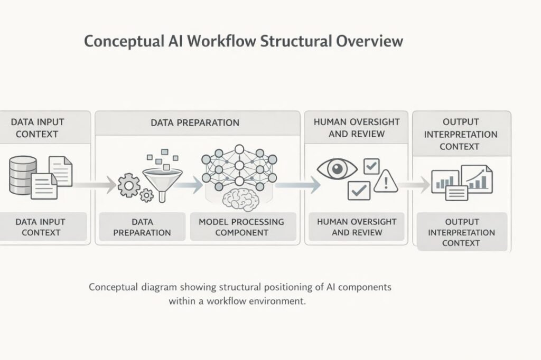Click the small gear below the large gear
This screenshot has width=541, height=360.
coord(147,195)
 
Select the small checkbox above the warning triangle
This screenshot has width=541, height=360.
coord(372,167)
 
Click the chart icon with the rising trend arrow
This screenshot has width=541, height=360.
coord(477,178)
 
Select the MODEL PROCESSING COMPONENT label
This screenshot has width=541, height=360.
coord(241,227)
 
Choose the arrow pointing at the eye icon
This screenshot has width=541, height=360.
coord(299,185)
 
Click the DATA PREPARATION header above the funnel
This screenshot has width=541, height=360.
coord(195,122)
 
